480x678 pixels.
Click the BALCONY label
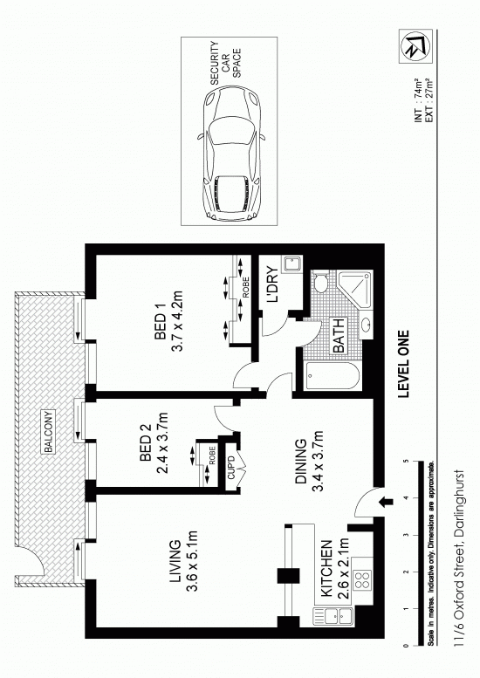coord(49,432)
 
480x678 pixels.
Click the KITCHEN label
coord(327,568)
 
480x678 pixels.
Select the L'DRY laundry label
coord(273,284)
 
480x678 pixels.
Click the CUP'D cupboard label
coord(231,468)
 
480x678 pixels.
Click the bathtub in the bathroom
coord(333,375)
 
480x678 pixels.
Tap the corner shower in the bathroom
coord(354,290)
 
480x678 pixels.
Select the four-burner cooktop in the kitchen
coord(363,580)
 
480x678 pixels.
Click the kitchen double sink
coord(333,616)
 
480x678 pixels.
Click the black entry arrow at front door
coord(386,502)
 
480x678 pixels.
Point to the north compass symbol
coord(415,46)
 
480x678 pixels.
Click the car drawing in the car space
coord(232,154)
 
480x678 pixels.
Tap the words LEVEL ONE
coord(403,364)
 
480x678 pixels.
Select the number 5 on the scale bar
coord(406,462)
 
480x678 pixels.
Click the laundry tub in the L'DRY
coord(291,264)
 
